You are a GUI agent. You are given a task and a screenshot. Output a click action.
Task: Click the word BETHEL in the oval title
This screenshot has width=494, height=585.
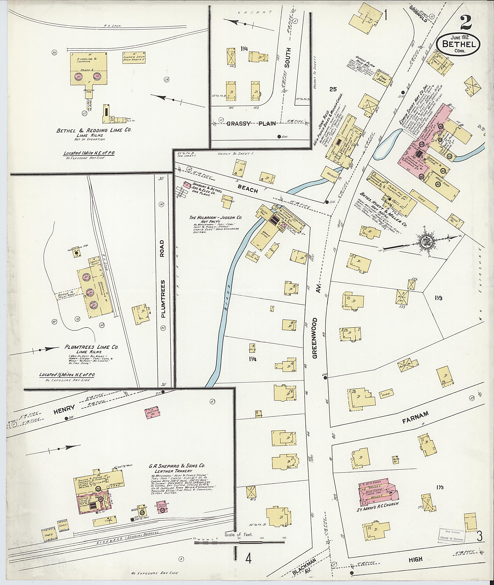point(458,44)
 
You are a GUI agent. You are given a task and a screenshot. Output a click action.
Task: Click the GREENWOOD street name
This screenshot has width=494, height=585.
point(315,338)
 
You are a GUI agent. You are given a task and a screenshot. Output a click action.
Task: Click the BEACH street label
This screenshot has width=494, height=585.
point(248,190)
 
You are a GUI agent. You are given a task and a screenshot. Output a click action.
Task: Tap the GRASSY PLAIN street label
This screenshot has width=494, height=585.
point(251,123)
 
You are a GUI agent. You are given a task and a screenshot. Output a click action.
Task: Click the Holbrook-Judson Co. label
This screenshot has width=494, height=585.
point(216,217)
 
